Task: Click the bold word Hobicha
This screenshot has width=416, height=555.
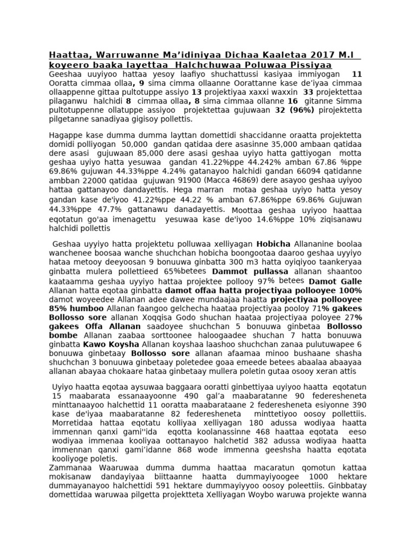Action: coord(274,243)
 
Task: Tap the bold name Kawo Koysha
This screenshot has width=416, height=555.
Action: coord(110,344)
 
